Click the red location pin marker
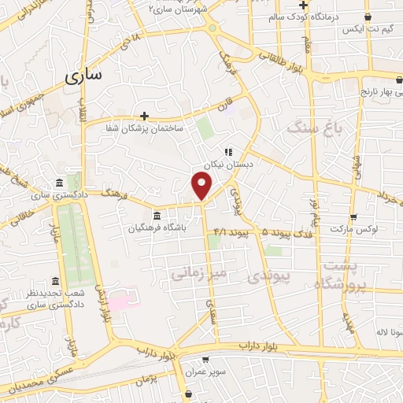(202, 187)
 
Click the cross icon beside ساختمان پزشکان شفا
(144, 116)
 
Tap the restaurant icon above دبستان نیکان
(227, 152)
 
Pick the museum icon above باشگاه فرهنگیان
(157, 216)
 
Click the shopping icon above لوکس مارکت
(353, 216)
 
